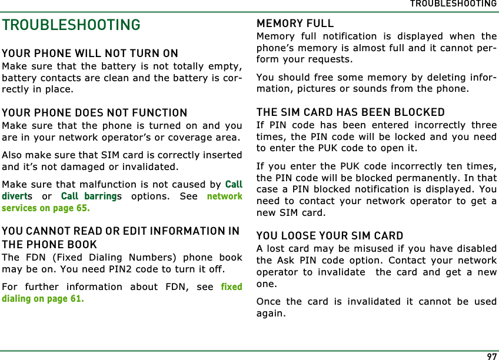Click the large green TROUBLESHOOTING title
71,25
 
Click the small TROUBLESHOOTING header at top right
453,4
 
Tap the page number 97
491,355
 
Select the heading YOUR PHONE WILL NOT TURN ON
90,54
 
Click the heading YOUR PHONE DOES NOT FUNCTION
95,112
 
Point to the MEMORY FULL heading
295,24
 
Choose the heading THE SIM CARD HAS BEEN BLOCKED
351,112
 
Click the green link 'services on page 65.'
46,208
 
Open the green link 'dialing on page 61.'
42,299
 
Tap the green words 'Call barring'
88,196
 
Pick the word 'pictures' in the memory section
324,89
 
